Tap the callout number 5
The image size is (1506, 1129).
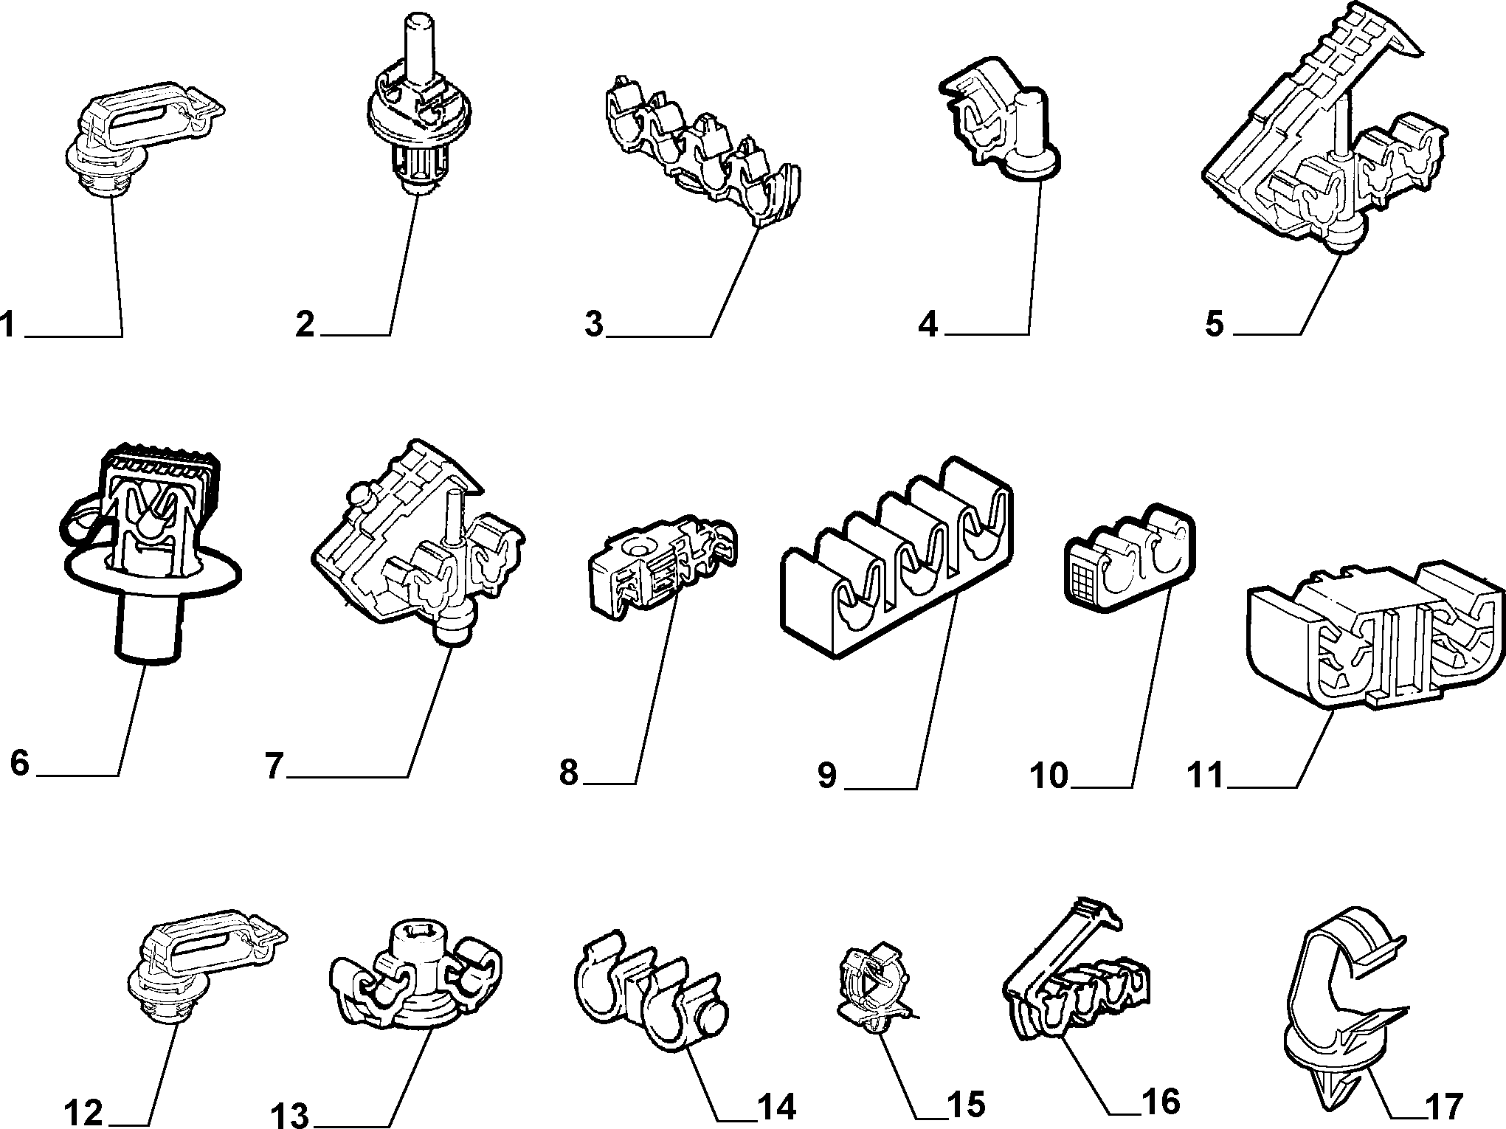point(1215,324)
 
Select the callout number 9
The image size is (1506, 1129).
point(827,776)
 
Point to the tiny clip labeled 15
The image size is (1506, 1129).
point(874,989)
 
